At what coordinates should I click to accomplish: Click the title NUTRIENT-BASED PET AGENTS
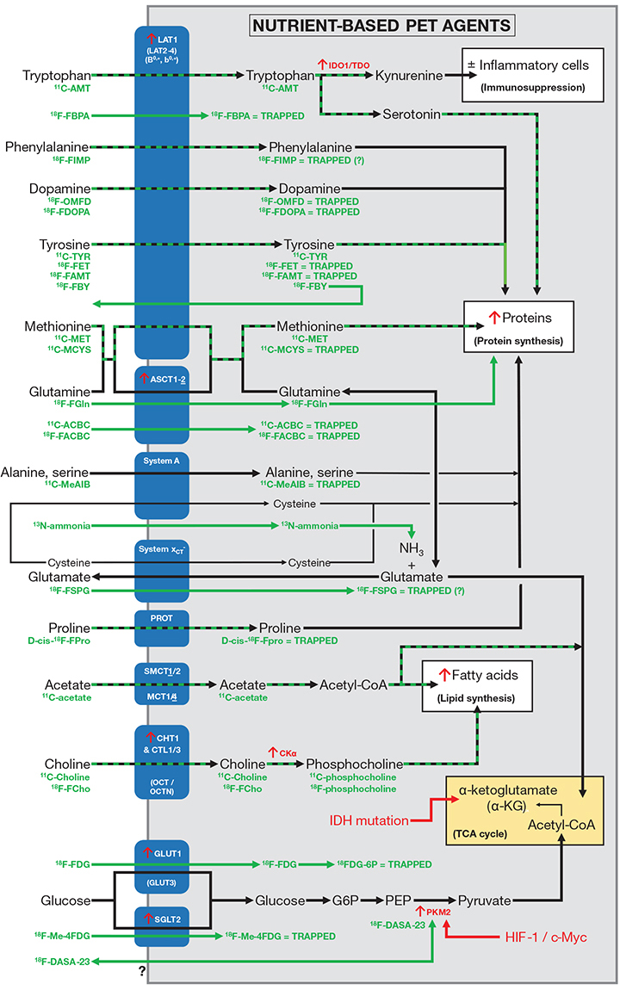pos(382,25)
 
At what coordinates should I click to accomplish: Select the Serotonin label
pos(411,114)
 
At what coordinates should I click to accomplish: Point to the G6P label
pos(347,900)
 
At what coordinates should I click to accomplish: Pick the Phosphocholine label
pos(354,763)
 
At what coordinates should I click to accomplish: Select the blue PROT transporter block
pos(161,628)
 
